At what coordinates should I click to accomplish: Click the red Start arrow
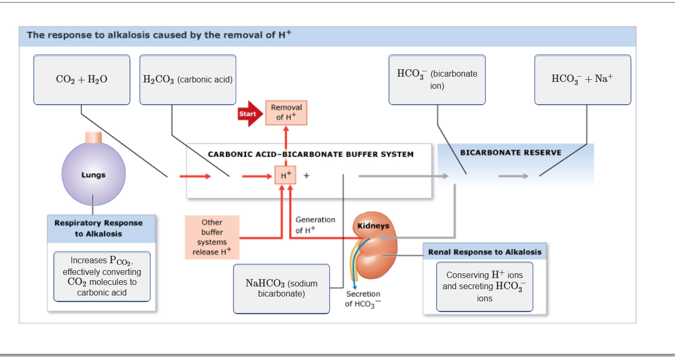coord(249,114)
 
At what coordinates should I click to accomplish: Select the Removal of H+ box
coord(286,113)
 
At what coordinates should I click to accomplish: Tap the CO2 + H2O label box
coord(81,80)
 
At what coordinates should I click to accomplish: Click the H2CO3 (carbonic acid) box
coord(188,80)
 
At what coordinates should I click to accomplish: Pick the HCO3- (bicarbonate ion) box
coord(437,80)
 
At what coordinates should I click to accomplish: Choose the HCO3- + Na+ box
coord(582,80)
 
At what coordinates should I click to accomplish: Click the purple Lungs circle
coord(94,174)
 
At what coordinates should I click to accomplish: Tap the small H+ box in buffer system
coord(285,175)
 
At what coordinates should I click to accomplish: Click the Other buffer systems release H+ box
coord(212,237)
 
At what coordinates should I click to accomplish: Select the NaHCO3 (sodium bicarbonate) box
coord(281,289)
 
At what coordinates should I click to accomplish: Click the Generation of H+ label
coord(315,225)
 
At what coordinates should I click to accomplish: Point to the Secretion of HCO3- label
coord(363,299)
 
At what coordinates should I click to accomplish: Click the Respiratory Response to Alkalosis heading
coord(98,228)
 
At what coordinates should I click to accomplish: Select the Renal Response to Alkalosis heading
coord(485,252)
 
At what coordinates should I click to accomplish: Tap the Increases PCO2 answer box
coord(102,276)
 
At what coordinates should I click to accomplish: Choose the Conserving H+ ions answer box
coord(484,287)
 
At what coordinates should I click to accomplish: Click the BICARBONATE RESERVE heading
coord(511,152)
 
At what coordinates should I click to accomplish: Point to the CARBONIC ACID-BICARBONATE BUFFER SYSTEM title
coord(310,154)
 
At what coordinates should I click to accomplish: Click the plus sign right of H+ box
coord(306,176)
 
